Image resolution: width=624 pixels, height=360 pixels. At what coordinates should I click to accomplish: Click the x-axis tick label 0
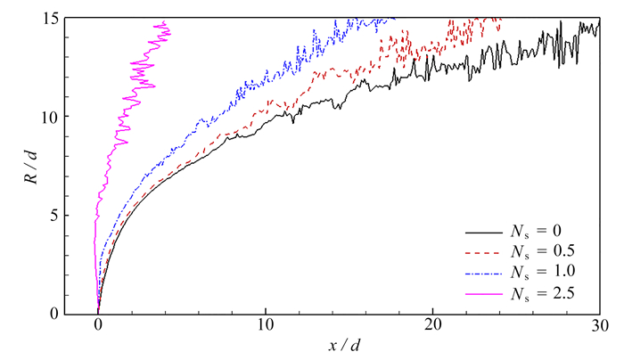98,328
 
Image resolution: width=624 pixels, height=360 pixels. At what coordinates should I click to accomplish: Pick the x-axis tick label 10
265,328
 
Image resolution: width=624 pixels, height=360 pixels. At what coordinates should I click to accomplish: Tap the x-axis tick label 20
432,328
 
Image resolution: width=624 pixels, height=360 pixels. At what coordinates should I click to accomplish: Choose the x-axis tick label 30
599,328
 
